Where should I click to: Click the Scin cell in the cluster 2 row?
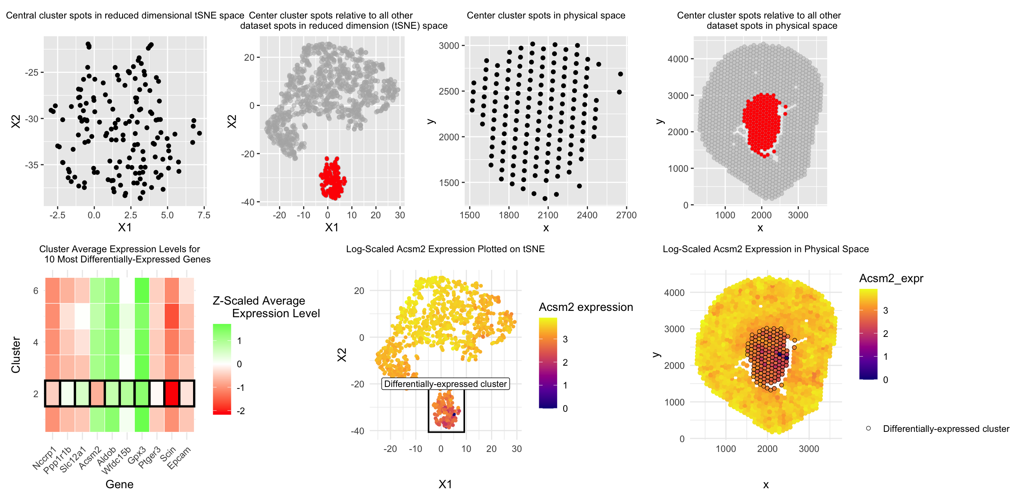(172, 394)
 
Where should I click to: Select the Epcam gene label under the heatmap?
(179, 458)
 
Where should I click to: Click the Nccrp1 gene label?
(45, 459)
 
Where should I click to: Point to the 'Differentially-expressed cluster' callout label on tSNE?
(445, 384)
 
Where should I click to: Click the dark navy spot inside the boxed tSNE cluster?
(454, 415)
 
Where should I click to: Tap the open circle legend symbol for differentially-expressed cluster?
(868, 429)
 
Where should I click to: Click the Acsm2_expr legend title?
(891, 278)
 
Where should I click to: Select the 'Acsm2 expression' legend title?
(586, 307)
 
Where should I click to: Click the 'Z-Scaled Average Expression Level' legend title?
(266, 307)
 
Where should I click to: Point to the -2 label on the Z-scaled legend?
(240, 411)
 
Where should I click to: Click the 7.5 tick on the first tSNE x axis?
(204, 215)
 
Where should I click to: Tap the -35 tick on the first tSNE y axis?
(32, 165)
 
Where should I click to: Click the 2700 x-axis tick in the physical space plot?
(626, 215)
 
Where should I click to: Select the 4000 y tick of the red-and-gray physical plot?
(678, 59)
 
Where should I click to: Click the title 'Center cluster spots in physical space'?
(546, 15)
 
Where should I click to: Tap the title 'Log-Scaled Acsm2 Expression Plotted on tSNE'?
(445, 249)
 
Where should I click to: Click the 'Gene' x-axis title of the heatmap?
(119, 484)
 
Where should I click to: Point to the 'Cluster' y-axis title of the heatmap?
(16, 355)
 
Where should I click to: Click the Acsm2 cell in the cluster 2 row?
(97, 394)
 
